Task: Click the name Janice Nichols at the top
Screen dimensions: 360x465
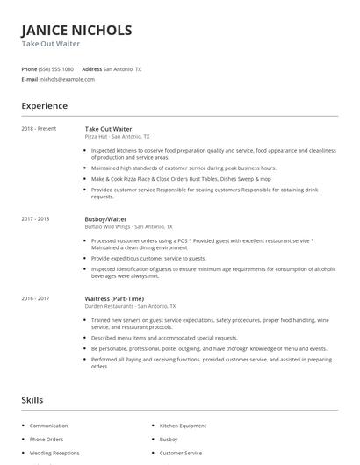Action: point(76,30)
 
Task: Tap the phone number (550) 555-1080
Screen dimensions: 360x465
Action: point(57,68)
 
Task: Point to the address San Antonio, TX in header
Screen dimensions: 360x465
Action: point(122,68)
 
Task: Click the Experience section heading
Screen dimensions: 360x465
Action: point(44,106)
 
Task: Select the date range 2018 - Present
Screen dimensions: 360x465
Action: point(39,129)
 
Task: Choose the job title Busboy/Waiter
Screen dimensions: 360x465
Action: point(105,218)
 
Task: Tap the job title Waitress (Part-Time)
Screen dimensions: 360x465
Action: point(114,299)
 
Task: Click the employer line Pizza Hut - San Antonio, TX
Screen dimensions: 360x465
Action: point(117,137)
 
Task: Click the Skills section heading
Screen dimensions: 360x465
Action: point(32,400)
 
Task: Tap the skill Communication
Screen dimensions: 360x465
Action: point(48,425)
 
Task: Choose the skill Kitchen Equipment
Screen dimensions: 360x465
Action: point(182,425)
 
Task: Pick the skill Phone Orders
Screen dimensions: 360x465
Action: point(47,439)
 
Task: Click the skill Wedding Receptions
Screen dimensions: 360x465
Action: point(54,453)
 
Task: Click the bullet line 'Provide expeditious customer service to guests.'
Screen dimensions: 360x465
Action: point(148,259)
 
